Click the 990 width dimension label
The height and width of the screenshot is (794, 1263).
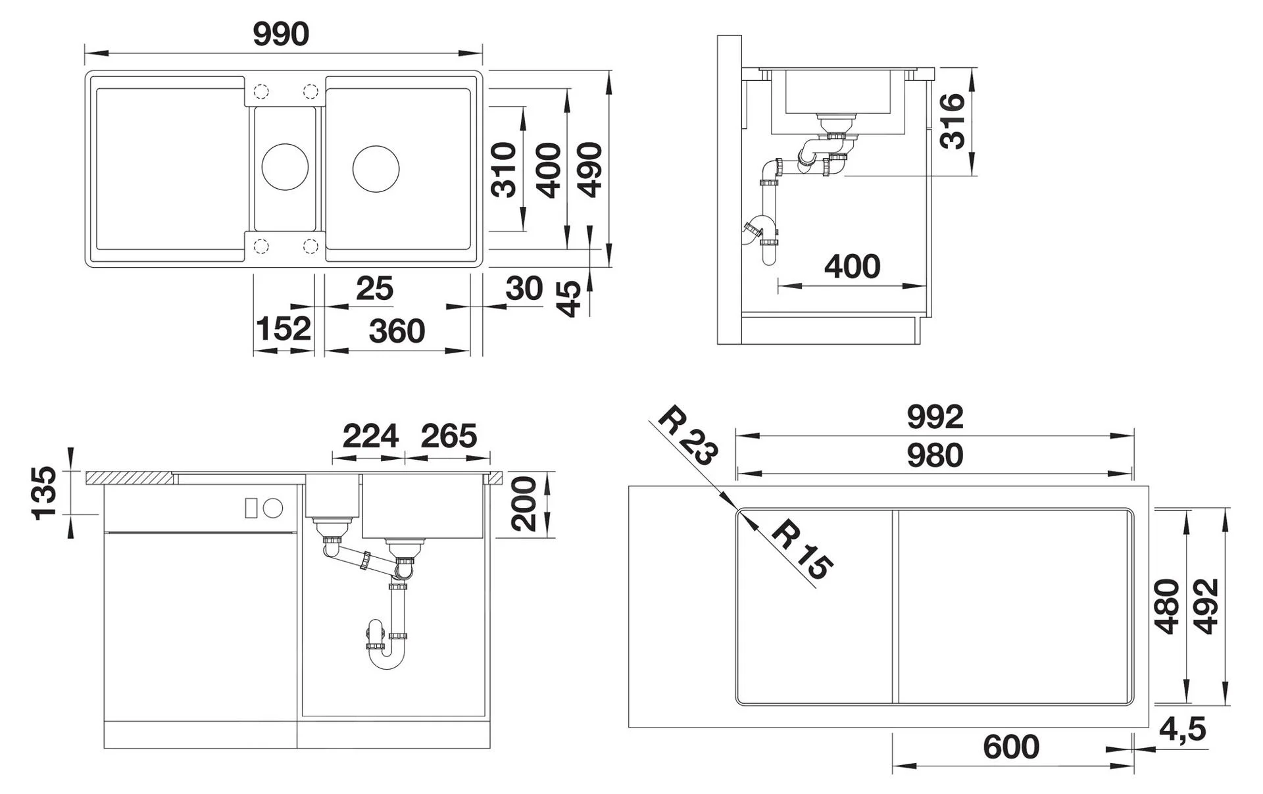pos(281,34)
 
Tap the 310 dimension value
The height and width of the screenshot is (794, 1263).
pos(505,170)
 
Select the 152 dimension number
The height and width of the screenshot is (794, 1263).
pos(283,329)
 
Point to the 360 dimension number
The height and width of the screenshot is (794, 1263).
pos(397,331)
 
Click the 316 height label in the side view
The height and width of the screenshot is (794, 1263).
pos(952,121)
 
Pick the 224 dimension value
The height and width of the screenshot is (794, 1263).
pos(370,436)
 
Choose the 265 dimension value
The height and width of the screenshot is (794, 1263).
pos(449,436)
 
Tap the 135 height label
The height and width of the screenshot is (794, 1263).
pos(45,493)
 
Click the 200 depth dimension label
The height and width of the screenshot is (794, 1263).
pos(524,505)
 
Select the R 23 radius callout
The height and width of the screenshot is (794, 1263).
pos(688,436)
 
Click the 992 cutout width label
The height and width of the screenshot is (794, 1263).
pos(935,417)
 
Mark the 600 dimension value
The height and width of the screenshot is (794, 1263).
pos(1011,747)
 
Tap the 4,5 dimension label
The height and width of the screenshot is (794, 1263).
pos(1182,729)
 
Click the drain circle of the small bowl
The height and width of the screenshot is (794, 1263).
pos(285,167)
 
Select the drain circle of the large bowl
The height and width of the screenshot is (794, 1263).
pos(376,169)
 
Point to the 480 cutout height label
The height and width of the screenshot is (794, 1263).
pos(1168,607)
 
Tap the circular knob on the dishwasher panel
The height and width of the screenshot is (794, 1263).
pos(273,508)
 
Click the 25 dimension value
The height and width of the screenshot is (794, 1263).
pos(374,288)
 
